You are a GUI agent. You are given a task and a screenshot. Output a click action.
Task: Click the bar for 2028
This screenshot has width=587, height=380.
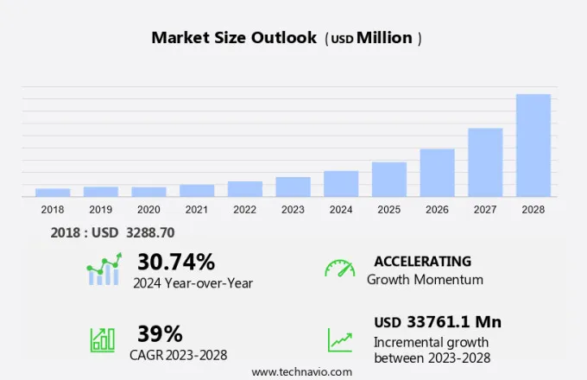533,145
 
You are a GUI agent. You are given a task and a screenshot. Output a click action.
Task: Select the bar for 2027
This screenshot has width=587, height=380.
485,162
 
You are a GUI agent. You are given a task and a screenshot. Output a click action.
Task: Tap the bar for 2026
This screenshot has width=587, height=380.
437,173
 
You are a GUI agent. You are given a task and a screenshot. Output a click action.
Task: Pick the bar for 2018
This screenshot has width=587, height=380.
53,193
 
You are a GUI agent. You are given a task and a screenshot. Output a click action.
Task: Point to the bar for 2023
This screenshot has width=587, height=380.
293,187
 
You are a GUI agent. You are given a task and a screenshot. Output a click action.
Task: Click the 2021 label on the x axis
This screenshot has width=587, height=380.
196,209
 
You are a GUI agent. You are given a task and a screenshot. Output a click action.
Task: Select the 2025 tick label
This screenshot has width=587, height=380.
388,209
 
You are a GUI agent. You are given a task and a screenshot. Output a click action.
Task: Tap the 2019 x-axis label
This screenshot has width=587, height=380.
100,209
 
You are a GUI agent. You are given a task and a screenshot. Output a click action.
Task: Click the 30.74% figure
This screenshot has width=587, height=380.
176,261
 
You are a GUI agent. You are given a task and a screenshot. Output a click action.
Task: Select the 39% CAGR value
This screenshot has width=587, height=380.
160,333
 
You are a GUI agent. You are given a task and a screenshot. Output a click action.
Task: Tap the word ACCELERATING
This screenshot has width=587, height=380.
422,261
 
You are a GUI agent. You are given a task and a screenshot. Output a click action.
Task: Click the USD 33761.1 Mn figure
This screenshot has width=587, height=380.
438,322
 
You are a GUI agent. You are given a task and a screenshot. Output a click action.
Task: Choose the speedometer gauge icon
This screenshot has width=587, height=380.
339,269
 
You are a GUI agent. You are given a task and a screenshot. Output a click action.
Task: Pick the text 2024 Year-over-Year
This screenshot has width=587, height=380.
193,282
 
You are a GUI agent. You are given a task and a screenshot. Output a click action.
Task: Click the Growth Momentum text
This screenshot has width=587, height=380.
425,280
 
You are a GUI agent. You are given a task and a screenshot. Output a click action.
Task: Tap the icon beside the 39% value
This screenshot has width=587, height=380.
103,339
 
